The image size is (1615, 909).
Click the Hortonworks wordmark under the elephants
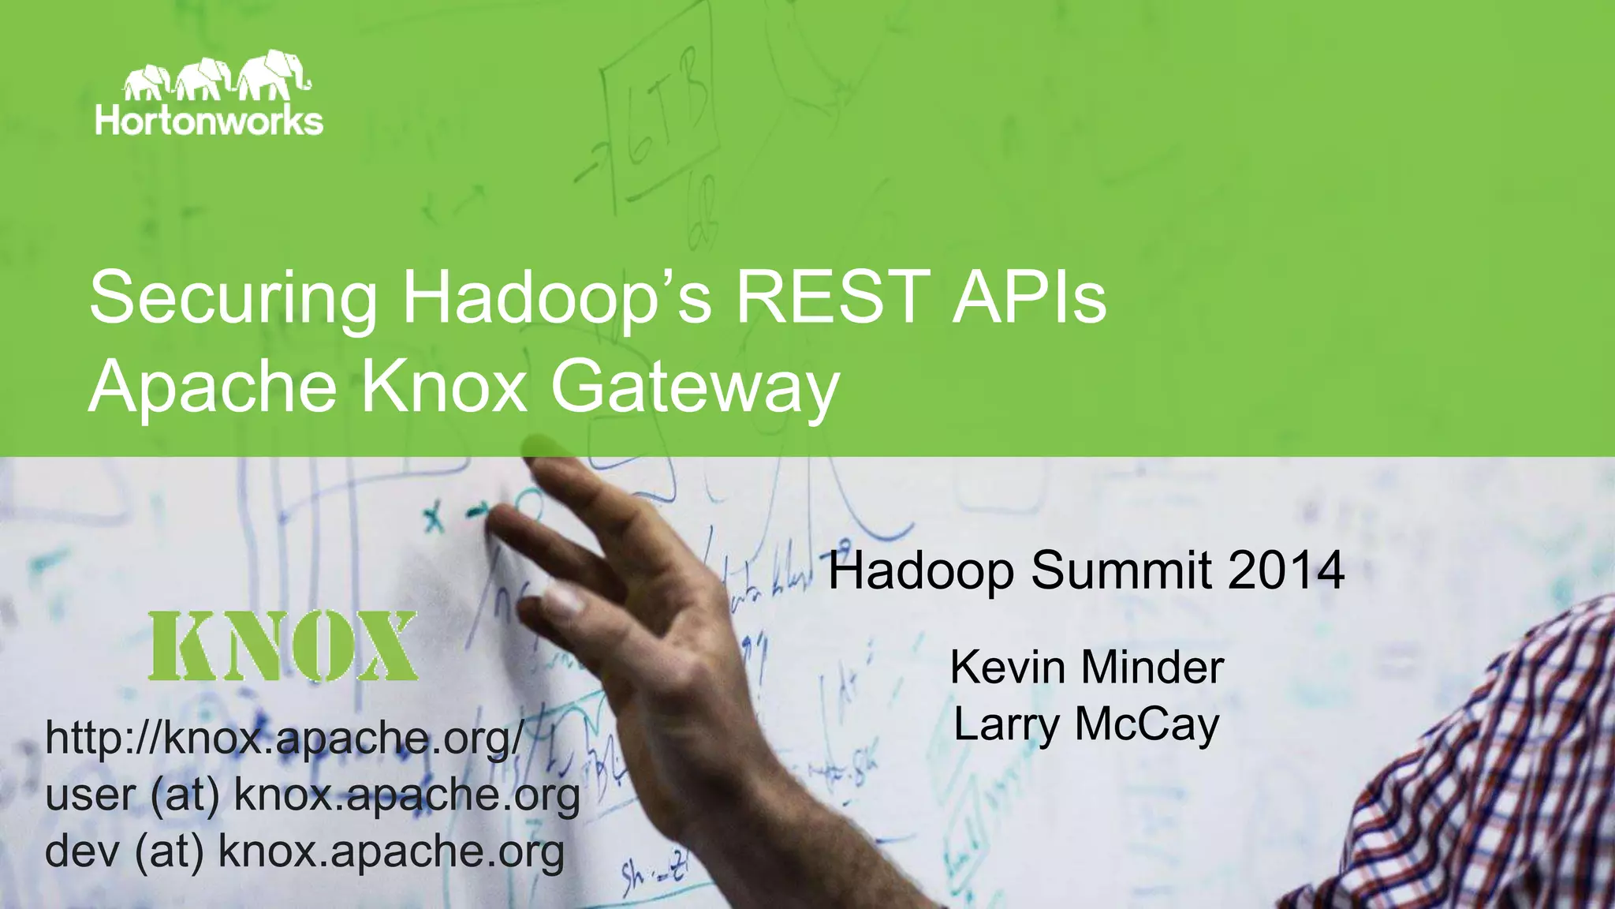coord(209,121)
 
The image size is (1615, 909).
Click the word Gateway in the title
coord(693,388)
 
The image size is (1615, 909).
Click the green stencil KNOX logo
coord(282,645)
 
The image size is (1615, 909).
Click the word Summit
coord(1121,570)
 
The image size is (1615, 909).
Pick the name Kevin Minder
coord(1087,668)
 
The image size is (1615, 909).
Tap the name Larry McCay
coord(1086,724)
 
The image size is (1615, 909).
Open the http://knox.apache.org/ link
coord(284,739)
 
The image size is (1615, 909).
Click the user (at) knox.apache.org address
coord(312,795)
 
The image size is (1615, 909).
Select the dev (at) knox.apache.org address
coord(304,851)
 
